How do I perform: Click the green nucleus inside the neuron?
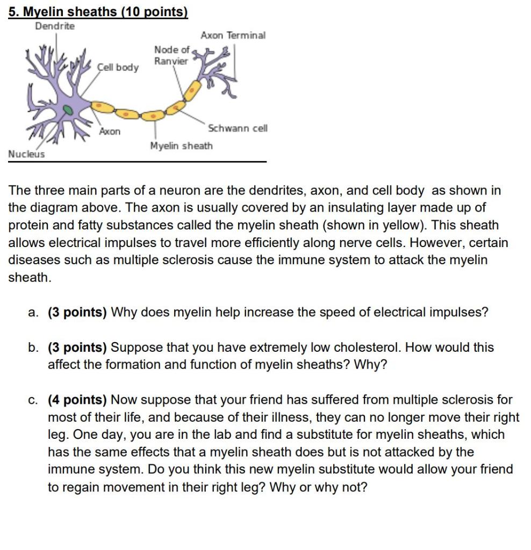68,110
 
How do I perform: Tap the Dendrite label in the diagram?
55,26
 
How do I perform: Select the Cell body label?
118,67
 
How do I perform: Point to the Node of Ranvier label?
171,55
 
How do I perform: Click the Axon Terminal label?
233,35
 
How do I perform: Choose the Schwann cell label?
238,128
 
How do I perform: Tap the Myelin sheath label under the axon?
182,146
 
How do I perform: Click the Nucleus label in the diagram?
27,154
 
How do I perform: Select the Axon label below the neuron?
110,131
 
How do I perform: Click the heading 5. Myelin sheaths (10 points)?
98,12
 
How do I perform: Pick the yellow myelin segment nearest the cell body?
102,107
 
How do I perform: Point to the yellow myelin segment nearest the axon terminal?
192,90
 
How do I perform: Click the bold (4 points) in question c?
77,400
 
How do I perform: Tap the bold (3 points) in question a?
77,312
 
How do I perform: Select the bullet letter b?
33,348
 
